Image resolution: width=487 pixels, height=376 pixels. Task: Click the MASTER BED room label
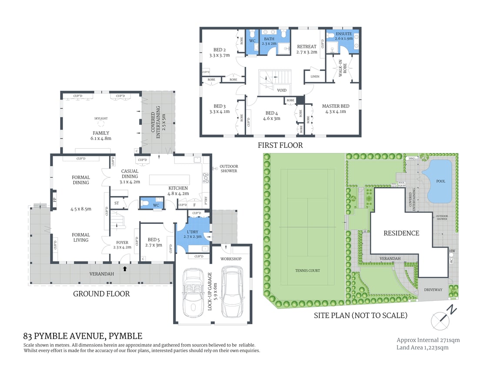pyautogui.click(x=335, y=106)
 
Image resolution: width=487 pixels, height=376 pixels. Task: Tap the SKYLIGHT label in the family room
pyautogui.click(x=100, y=118)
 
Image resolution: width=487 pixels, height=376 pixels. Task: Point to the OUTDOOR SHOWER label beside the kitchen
pyautogui.click(x=229, y=169)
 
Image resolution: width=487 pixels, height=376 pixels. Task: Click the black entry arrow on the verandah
pyautogui.click(x=126, y=269)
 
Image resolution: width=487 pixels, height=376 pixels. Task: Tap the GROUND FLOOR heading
pyautogui.click(x=101, y=294)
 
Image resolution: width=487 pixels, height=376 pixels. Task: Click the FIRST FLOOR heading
pyautogui.click(x=280, y=145)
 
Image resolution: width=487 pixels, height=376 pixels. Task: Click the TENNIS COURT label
pyautogui.click(x=307, y=271)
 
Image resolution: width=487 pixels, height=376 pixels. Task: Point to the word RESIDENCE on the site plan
pyautogui.click(x=401, y=233)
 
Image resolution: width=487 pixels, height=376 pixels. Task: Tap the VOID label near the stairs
pyautogui.click(x=282, y=90)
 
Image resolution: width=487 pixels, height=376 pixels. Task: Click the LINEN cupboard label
pyautogui.click(x=315, y=77)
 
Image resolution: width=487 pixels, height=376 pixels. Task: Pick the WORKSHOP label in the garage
pyautogui.click(x=230, y=259)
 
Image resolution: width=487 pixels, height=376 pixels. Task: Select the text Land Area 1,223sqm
pyautogui.click(x=422, y=347)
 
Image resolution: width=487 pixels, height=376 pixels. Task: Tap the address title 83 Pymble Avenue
pyautogui.click(x=83, y=336)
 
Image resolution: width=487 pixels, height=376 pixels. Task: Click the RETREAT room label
pyautogui.click(x=307, y=47)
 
